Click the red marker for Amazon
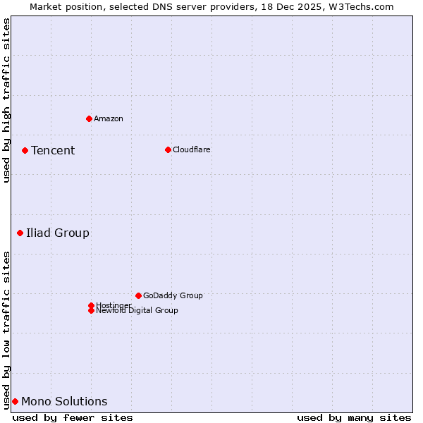click(89, 118)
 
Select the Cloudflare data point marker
click(168, 149)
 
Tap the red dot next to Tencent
click(25, 150)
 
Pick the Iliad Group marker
click(20, 233)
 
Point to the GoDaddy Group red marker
click(138, 295)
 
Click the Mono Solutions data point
click(15, 401)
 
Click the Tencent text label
click(53, 150)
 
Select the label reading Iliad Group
click(58, 233)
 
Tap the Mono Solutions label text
click(64, 401)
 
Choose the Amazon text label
click(109, 118)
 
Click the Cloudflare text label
click(192, 149)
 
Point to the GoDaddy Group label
click(173, 295)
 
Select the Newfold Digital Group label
click(137, 311)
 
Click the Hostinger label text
click(114, 305)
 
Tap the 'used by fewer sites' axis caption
click(73, 417)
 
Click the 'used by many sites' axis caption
click(354, 417)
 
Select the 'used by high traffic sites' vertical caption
click(6, 100)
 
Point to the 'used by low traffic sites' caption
click(6, 330)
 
